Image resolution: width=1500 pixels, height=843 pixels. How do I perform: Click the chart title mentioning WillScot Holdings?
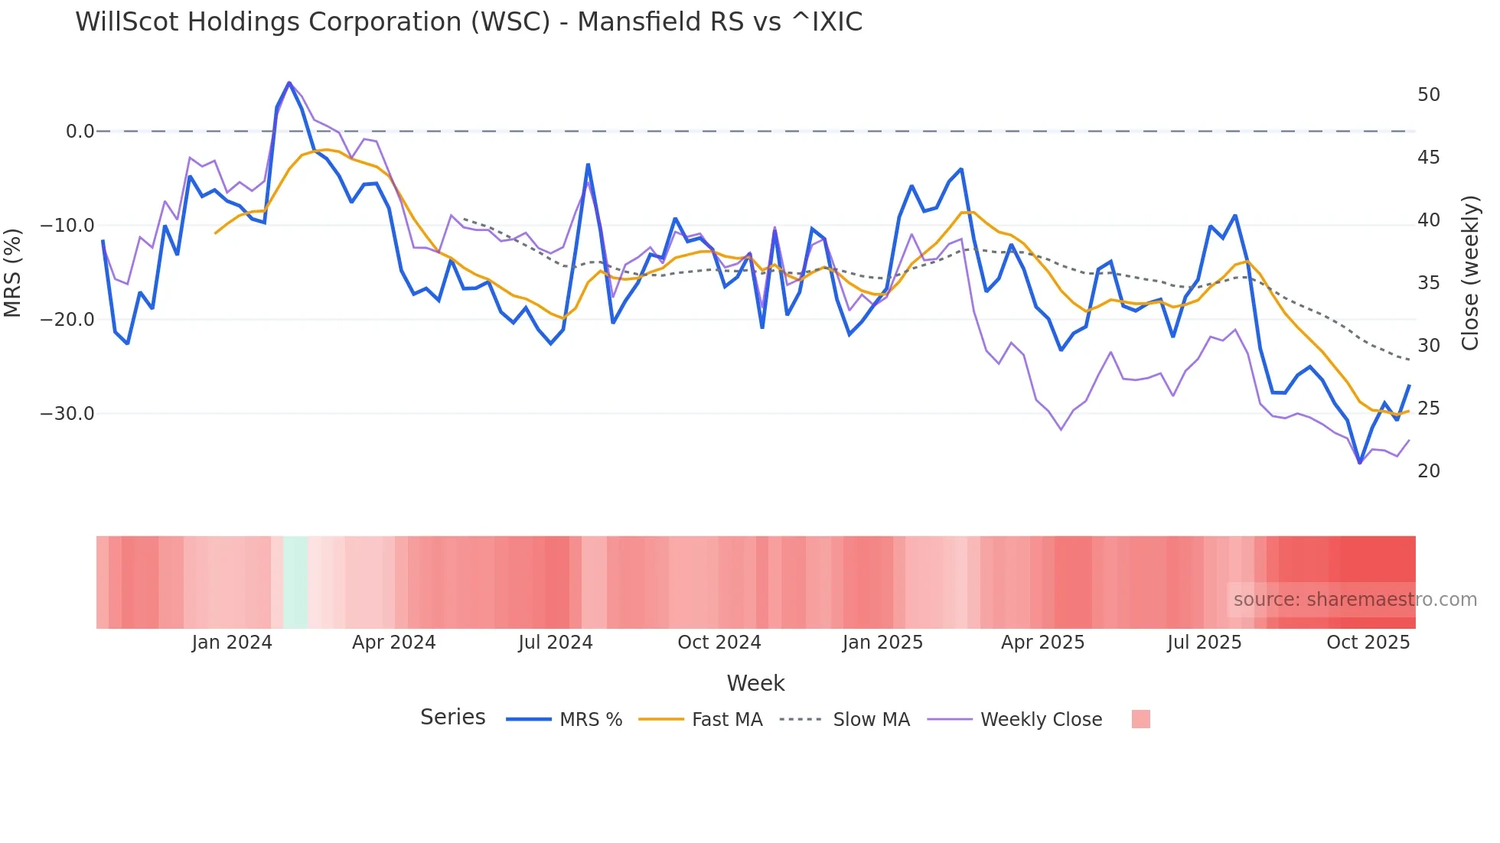point(468,22)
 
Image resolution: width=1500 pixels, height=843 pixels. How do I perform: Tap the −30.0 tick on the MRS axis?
point(67,414)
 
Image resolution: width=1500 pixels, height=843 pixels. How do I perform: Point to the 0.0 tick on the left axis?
point(80,132)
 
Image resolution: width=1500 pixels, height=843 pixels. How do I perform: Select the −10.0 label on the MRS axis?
point(67,226)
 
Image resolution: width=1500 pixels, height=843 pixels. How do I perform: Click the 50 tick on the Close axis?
point(1428,95)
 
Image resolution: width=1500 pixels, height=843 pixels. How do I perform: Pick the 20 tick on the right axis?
point(1428,471)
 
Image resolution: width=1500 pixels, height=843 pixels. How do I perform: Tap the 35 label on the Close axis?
point(1428,283)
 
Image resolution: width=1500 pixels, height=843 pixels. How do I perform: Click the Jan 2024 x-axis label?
point(231,643)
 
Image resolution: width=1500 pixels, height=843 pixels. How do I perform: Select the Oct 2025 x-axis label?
point(1368,643)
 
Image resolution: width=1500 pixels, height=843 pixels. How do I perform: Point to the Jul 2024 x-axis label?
point(555,643)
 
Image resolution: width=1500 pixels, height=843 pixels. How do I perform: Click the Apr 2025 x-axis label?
point(1042,643)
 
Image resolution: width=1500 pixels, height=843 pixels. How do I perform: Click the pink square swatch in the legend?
point(1140,719)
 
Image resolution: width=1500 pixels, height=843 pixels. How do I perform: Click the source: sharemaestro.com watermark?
point(1355,600)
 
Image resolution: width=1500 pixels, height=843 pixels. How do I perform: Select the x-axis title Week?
point(755,683)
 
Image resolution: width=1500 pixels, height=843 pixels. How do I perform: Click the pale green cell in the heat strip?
point(295,582)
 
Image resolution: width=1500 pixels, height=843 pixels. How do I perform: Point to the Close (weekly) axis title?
point(1469,273)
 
